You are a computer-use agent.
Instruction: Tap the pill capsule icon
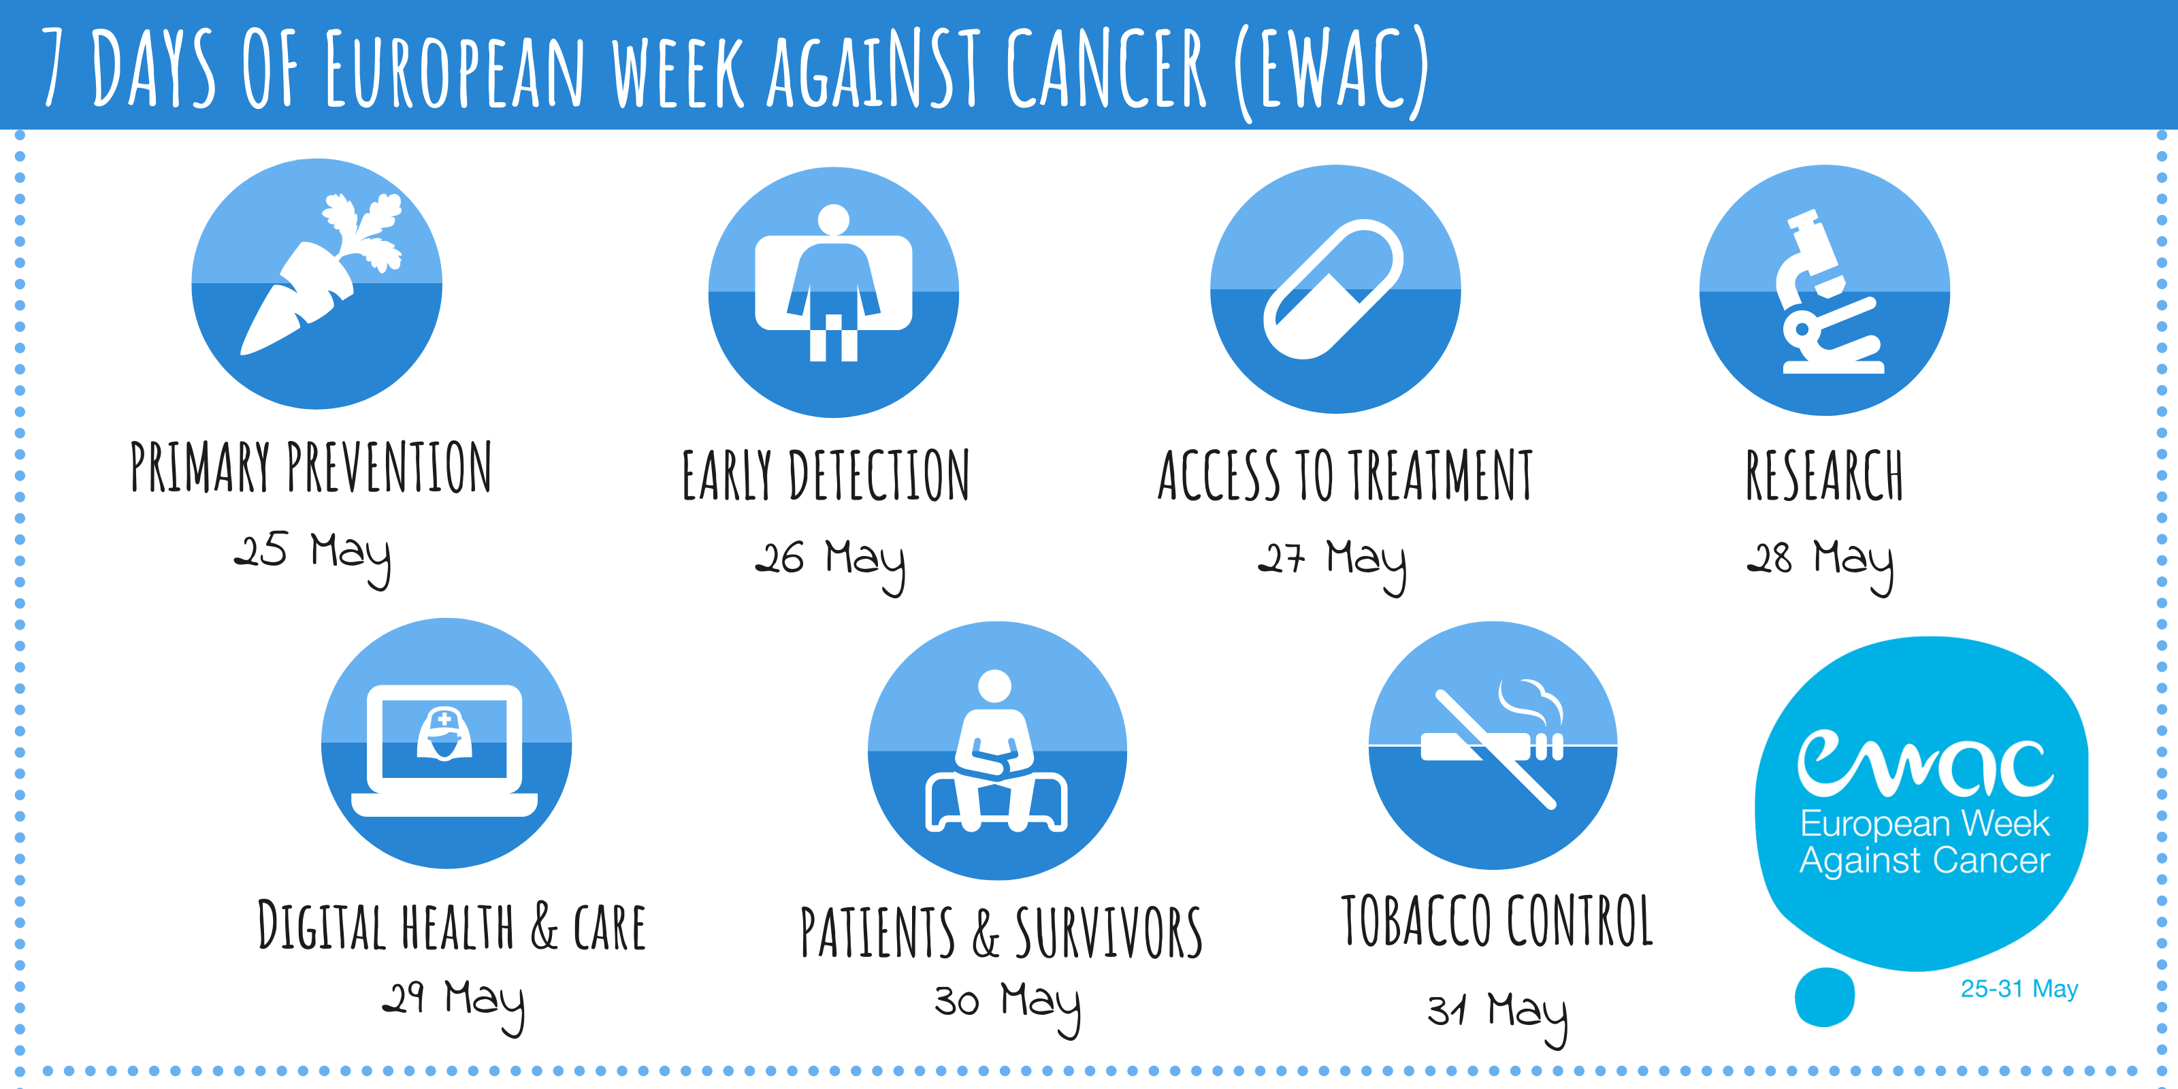point(1333,289)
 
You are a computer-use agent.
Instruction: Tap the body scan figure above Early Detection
point(834,283)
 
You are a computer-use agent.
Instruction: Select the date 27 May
point(1332,565)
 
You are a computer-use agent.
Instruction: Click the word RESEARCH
point(1825,475)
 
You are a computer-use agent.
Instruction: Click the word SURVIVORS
point(1109,932)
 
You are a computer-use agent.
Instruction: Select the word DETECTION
point(879,475)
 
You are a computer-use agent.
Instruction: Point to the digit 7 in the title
point(53,67)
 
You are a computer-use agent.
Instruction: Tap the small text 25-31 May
point(2019,988)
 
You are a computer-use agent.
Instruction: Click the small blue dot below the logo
point(1825,997)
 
